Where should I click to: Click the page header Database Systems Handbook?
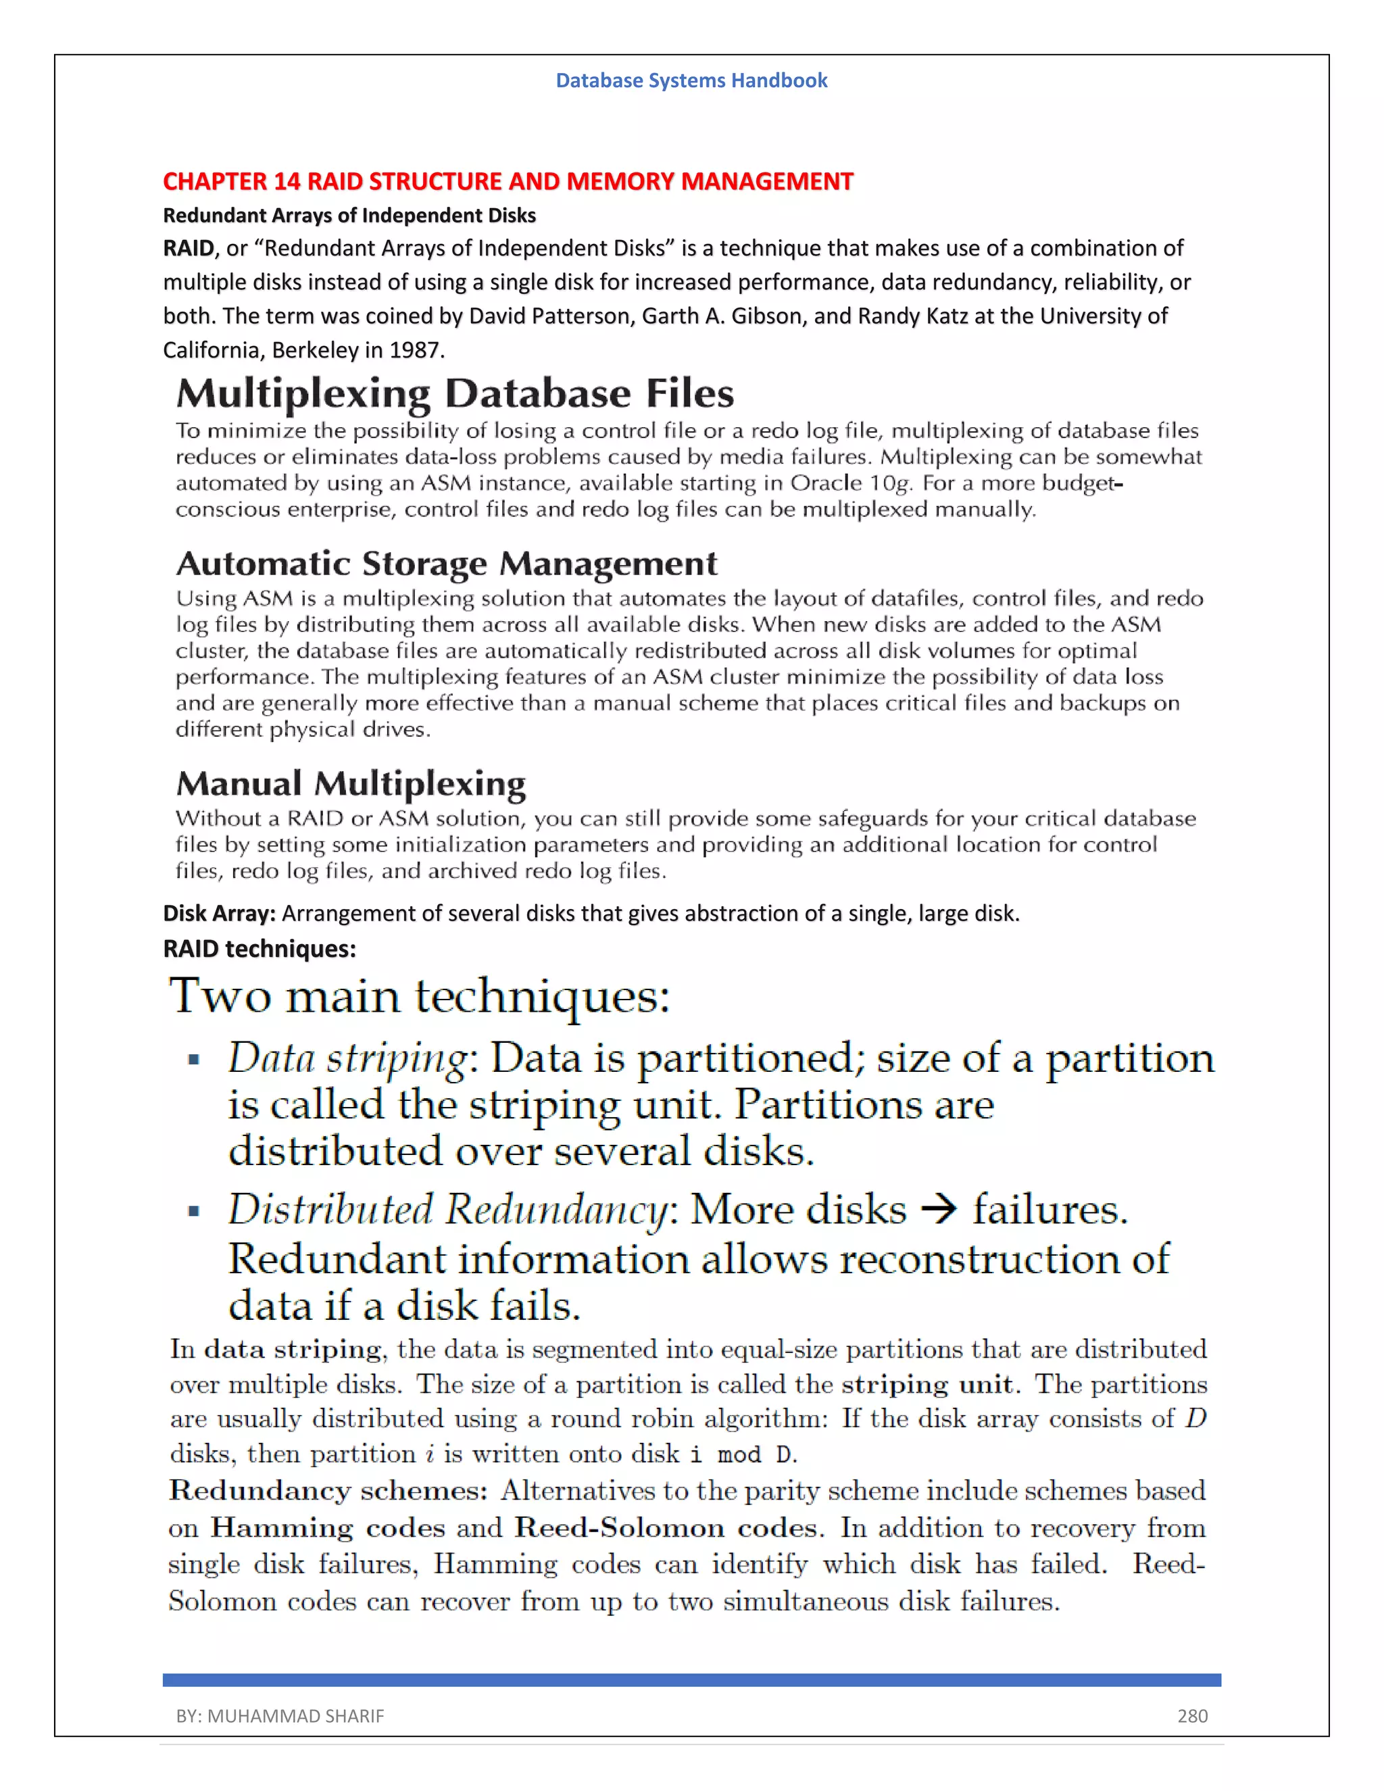[x=691, y=80]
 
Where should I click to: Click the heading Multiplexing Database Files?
[x=454, y=393]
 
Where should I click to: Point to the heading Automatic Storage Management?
[x=446, y=564]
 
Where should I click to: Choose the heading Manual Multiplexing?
[x=351, y=784]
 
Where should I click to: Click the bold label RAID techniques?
[x=259, y=949]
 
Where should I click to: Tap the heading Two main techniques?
[x=419, y=996]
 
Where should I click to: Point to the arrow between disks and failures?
[x=939, y=1210]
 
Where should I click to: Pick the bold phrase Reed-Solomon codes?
[x=666, y=1528]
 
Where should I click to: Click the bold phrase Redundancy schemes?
[x=328, y=1491]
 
